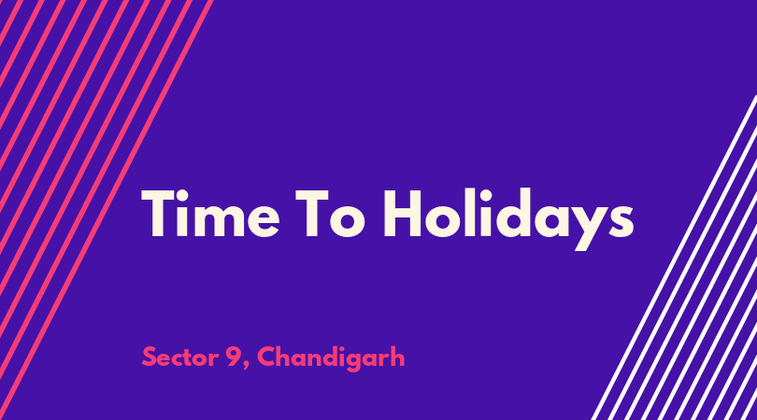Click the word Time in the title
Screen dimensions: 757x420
(x=210, y=213)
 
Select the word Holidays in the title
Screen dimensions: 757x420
(x=508, y=219)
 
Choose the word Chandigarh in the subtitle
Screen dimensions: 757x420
(x=331, y=358)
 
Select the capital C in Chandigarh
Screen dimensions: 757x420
(x=267, y=357)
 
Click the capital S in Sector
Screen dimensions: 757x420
(x=150, y=357)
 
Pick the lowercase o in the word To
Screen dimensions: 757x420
(x=348, y=220)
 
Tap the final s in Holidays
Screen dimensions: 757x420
(x=621, y=220)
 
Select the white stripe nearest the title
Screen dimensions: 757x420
(x=675, y=258)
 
